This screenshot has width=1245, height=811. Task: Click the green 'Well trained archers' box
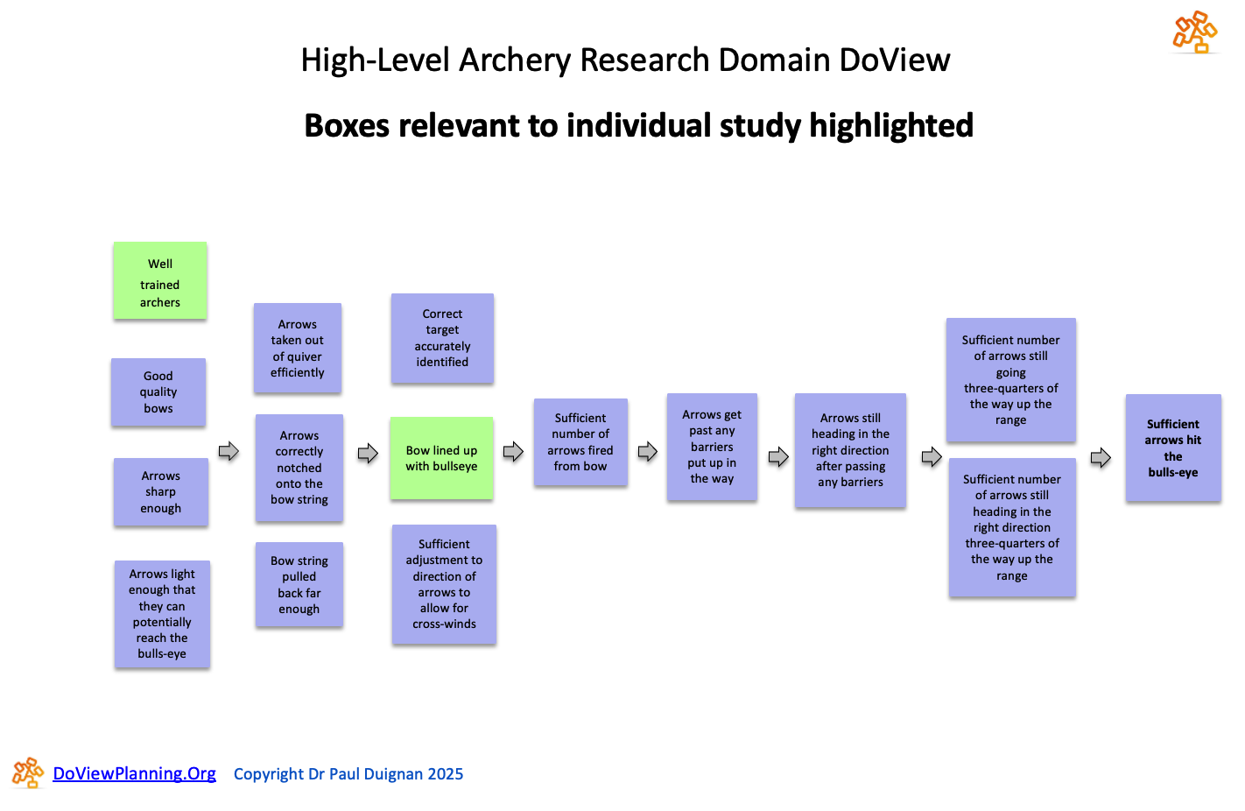click(x=160, y=280)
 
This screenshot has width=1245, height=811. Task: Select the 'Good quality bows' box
click(x=158, y=392)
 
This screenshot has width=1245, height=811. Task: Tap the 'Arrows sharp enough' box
click(x=161, y=492)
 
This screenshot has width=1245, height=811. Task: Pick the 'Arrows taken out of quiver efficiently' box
click(x=298, y=349)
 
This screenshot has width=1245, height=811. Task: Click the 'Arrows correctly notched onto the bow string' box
click(x=299, y=469)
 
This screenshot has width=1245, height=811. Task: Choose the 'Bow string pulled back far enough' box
click(x=299, y=585)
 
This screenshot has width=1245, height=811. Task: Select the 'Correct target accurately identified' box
click(x=442, y=338)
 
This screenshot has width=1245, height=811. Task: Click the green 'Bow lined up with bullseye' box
click(x=441, y=458)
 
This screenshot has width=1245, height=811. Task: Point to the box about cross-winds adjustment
click(x=444, y=584)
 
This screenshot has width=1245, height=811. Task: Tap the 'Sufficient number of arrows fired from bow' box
click(x=580, y=442)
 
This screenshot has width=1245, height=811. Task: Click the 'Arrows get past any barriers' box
click(x=712, y=447)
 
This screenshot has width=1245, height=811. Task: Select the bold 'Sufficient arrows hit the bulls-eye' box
click(x=1173, y=448)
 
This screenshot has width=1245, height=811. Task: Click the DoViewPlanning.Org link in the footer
click(x=134, y=773)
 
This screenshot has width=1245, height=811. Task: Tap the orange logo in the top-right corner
click(x=1195, y=32)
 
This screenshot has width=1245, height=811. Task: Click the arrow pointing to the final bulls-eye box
click(x=1101, y=457)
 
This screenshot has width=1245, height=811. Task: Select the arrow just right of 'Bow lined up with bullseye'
click(x=513, y=452)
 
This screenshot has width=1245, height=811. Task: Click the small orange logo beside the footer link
click(x=28, y=773)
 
